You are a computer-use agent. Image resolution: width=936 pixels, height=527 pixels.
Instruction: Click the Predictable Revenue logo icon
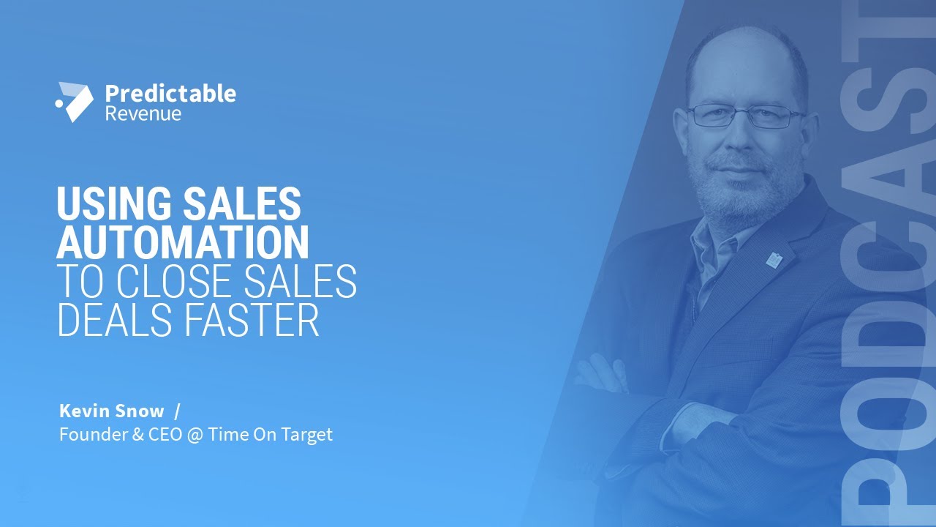pyautogui.click(x=75, y=102)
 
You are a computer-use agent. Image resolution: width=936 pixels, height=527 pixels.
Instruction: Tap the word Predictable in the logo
pyautogui.click(x=170, y=94)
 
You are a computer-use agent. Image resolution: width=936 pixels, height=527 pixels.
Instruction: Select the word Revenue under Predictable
pyautogui.click(x=143, y=114)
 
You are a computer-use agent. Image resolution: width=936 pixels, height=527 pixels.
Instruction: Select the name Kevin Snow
pyautogui.click(x=111, y=411)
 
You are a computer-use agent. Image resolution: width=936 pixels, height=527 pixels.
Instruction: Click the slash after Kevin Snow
pyautogui.click(x=177, y=411)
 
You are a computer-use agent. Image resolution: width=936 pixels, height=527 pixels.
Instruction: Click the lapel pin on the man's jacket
pyautogui.click(x=774, y=258)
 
